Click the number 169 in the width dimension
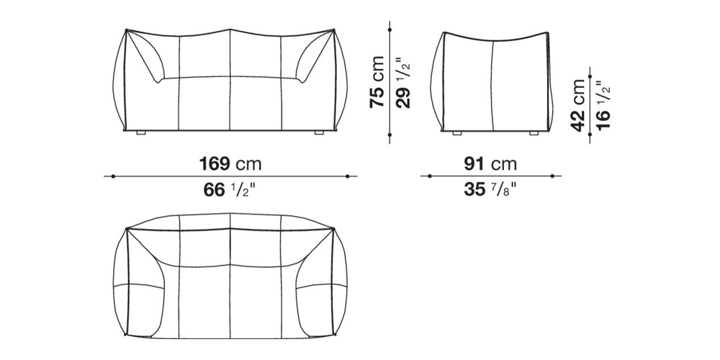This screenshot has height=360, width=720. [214, 164]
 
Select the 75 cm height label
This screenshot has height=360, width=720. [377, 82]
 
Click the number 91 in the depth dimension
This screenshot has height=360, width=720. [474, 164]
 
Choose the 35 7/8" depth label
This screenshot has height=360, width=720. [490, 189]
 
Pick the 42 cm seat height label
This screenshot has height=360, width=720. [578, 105]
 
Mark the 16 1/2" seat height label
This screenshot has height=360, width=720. [604, 105]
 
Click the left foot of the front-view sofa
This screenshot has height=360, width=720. [141, 132]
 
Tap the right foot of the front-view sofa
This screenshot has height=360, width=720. [319, 132]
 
